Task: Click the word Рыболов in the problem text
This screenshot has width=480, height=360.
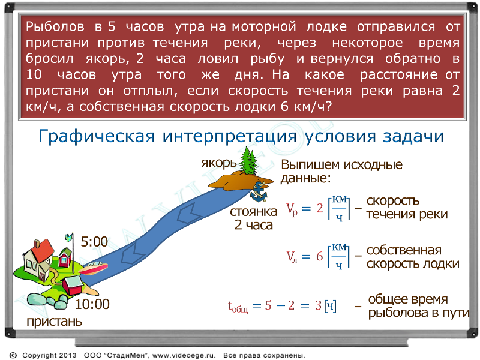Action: (x=55, y=27)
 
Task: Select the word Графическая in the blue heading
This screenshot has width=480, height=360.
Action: (x=97, y=137)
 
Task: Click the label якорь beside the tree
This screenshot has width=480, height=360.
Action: (x=219, y=163)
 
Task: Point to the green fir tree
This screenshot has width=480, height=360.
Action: (x=248, y=161)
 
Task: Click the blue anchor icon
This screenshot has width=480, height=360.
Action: (x=259, y=192)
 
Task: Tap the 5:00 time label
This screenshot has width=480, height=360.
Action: (x=94, y=242)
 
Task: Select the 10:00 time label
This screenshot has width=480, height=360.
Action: (x=92, y=304)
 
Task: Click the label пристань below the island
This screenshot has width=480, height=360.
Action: (x=54, y=322)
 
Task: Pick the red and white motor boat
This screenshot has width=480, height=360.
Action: (x=93, y=268)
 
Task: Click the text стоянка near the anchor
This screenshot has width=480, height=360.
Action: (x=253, y=212)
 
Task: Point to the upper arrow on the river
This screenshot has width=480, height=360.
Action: (x=189, y=212)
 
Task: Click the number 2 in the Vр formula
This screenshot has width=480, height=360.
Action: (x=320, y=208)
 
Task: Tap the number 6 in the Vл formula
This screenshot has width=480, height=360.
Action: (x=320, y=256)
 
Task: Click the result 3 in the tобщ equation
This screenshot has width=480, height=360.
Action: (x=319, y=305)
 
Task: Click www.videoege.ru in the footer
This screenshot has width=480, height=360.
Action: (x=184, y=355)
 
